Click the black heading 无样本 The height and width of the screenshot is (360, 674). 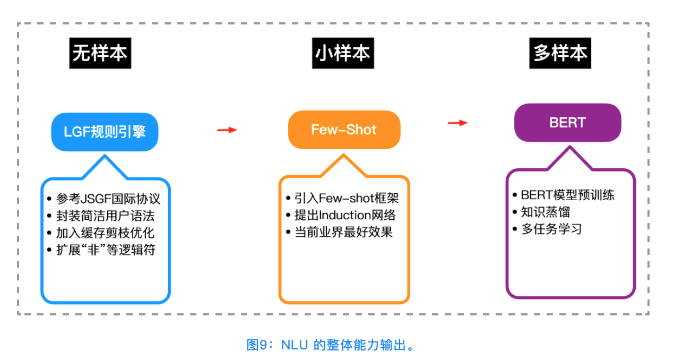pyautogui.click(x=100, y=53)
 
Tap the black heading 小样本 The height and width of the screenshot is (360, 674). pyautogui.click(x=342, y=53)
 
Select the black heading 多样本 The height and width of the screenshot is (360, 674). pyautogui.click(x=560, y=53)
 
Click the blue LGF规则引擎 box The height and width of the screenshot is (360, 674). pyautogui.click(x=105, y=132)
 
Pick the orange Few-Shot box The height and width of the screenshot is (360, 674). pyautogui.click(x=344, y=130)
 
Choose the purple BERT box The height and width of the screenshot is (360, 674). pyautogui.click(x=567, y=122)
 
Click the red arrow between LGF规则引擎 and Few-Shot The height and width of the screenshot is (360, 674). pyautogui.click(x=227, y=130)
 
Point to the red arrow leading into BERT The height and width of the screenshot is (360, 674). pyautogui.click(x=457, y=123)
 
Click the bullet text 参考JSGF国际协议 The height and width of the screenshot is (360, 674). pyautogui.click(x=108, y=199)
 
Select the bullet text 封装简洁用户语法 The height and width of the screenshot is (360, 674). pyautogui.click(x=105, y=216)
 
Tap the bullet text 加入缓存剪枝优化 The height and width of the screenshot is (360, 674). pyautogui.click(x=105, y=233)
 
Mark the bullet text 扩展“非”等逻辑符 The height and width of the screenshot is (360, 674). pyautogui.click(x=105, y=250)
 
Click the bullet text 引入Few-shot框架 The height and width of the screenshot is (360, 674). pyautogui.click(x=347, y=198)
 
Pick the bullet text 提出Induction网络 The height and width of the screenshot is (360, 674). pyautogui.click(x=345, y=215)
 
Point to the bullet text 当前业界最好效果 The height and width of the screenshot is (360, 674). pyautogui.click(x=343, y=232)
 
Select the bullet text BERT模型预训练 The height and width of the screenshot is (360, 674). pyautogui.click(x=567, y=195)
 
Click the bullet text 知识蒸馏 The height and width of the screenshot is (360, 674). pyautogui.click(x=545, y=212)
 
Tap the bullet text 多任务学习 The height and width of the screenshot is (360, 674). pyautogui.click(x=551, y=229)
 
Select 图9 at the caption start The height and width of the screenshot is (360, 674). pyautogui.click(x=258, y=345)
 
